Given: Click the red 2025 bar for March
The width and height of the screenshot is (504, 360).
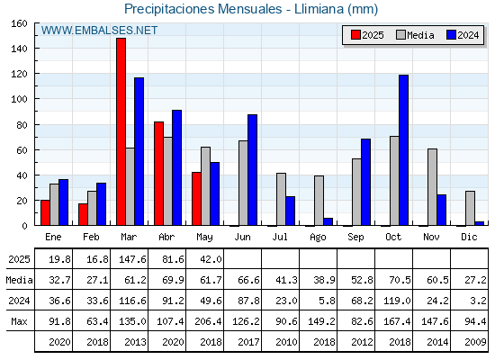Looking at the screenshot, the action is coord(121,131).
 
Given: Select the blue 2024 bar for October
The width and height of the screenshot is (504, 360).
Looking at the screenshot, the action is coord(404,150).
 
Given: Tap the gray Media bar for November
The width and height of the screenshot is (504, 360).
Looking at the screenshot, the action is coord(432,187).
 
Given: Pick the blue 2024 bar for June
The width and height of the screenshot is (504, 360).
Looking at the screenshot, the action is coord(252,170).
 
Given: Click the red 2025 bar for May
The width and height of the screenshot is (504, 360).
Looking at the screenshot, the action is coord(196,199).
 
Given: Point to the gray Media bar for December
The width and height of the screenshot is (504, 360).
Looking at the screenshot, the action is coord(470,208).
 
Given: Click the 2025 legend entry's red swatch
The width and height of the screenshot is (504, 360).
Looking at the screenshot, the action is coord(355,35).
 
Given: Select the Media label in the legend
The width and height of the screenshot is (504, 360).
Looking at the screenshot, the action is coord(420,35).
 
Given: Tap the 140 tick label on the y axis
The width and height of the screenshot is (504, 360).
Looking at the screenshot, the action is coord(19,49).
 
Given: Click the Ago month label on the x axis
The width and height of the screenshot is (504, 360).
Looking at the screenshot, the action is coord(318,238).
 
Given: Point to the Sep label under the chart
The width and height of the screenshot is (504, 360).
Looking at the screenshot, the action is coord(355,238).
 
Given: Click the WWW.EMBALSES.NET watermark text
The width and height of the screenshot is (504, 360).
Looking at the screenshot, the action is coord(99,31).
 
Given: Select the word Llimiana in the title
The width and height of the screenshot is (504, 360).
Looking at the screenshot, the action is coord(319,9).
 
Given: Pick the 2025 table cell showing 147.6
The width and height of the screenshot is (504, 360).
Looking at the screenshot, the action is coord(132,259).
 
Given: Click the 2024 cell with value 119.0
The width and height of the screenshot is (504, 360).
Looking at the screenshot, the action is coord(397,301).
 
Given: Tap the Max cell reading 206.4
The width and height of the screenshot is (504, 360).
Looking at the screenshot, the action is coord(208,321).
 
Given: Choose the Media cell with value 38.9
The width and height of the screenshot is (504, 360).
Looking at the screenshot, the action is coord(324,280).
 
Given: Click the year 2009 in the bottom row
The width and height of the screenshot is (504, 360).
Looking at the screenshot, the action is coord(475,342).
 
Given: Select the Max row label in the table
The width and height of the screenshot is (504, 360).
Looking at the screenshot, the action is coord(19,321).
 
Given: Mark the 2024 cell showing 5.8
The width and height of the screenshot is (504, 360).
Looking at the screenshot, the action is coord(328,301).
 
